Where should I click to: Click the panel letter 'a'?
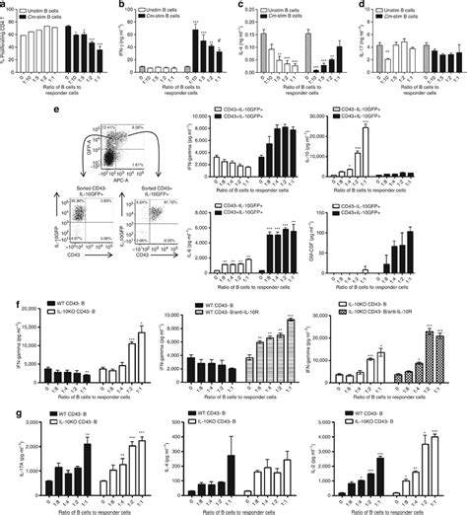click(x=5, y=6)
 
